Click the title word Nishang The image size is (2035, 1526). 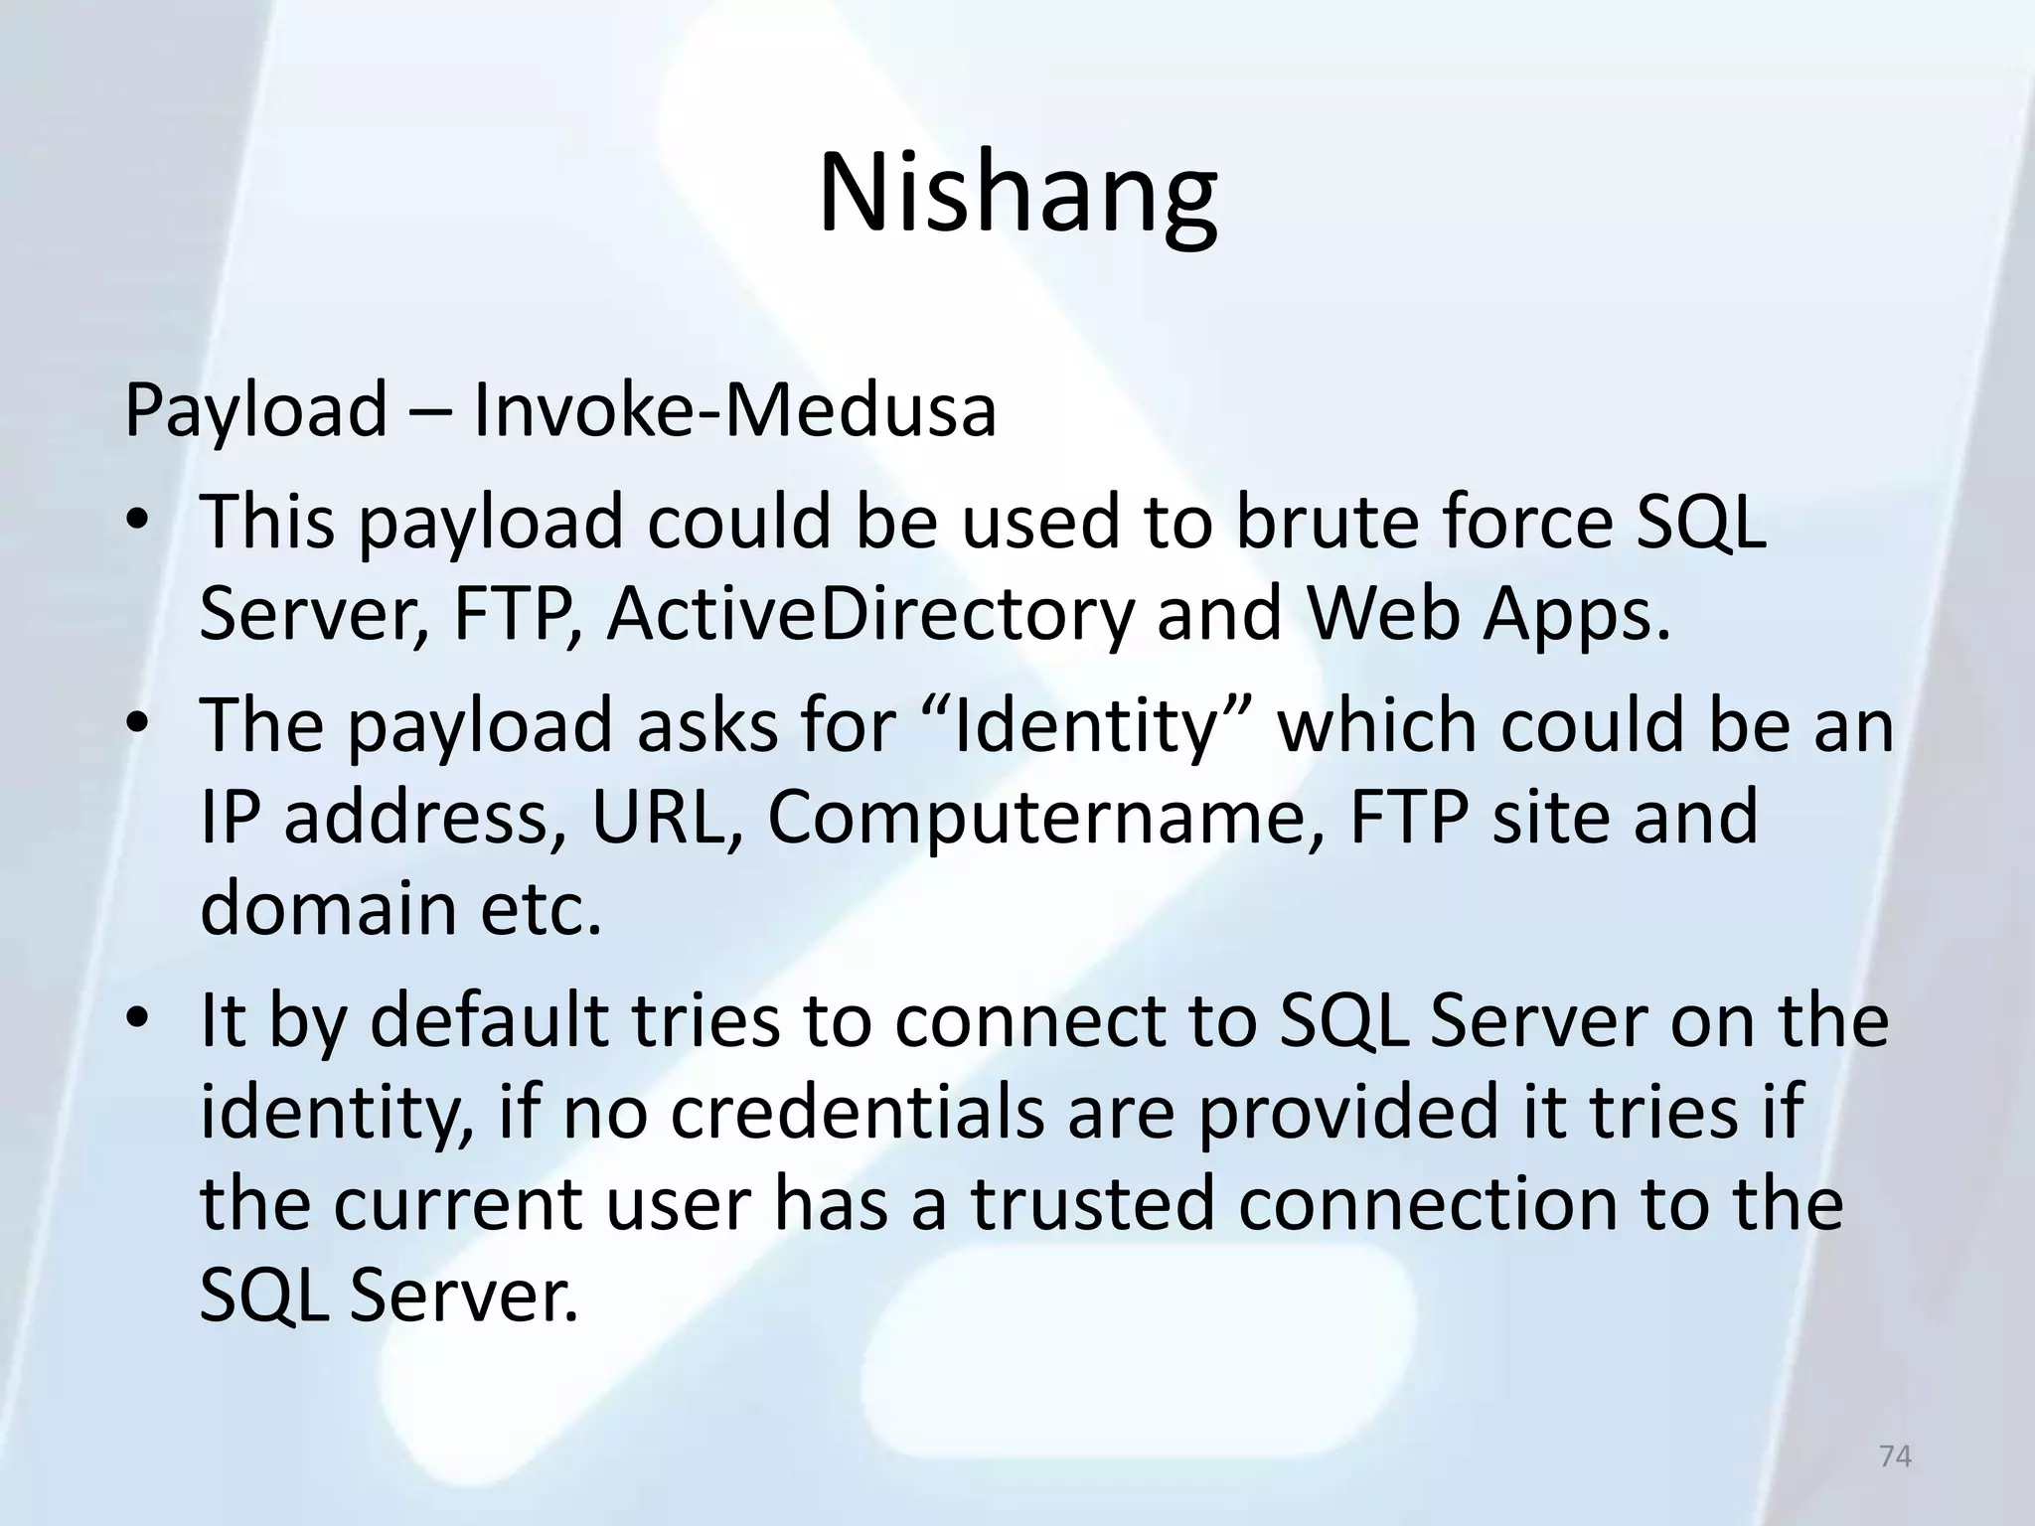1017,194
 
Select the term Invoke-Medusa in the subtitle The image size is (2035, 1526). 734,409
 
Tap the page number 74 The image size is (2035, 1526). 1896,1455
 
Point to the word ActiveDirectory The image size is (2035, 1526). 870,614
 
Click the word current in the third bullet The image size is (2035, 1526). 457,1204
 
